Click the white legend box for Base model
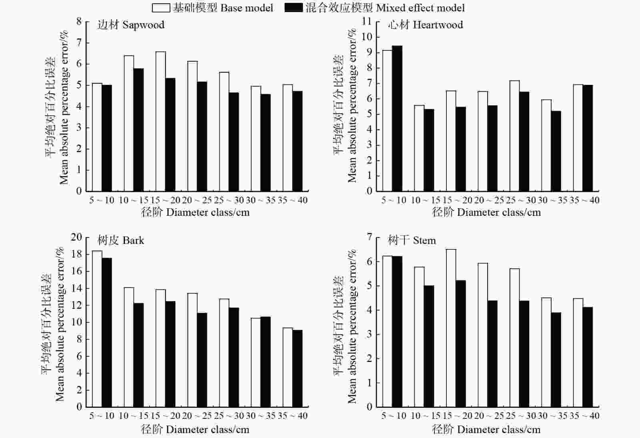point(161,8)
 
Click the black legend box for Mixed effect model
point(293,8)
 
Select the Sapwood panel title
point(130,25)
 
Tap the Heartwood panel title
point(425,25)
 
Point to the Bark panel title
point(120,240)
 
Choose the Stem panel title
point(412,240)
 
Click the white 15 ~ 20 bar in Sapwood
point(161,121)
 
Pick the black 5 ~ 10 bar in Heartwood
point(397,119)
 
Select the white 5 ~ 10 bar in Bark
point(97,329)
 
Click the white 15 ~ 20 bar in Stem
point(451,328)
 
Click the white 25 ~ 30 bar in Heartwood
point(514,136)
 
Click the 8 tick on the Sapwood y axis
point(79,22)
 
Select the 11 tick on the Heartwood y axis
point(366,22)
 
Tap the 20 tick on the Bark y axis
point(76,237)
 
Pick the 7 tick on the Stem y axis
point(369,237)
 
